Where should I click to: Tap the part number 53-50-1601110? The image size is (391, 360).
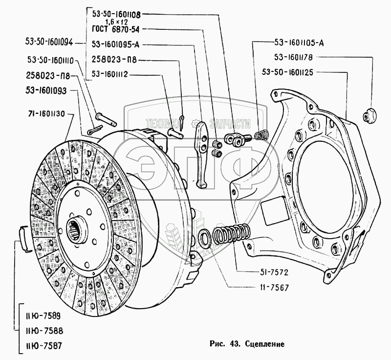point(51,61)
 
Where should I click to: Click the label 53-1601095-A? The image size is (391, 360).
point(116,45)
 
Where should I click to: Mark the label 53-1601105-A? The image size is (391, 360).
point(299,42)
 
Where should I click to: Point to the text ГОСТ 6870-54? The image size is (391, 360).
point(116,30)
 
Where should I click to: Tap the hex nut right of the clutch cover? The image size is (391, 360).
point(369,115)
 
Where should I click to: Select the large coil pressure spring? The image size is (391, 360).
point(232,233)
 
